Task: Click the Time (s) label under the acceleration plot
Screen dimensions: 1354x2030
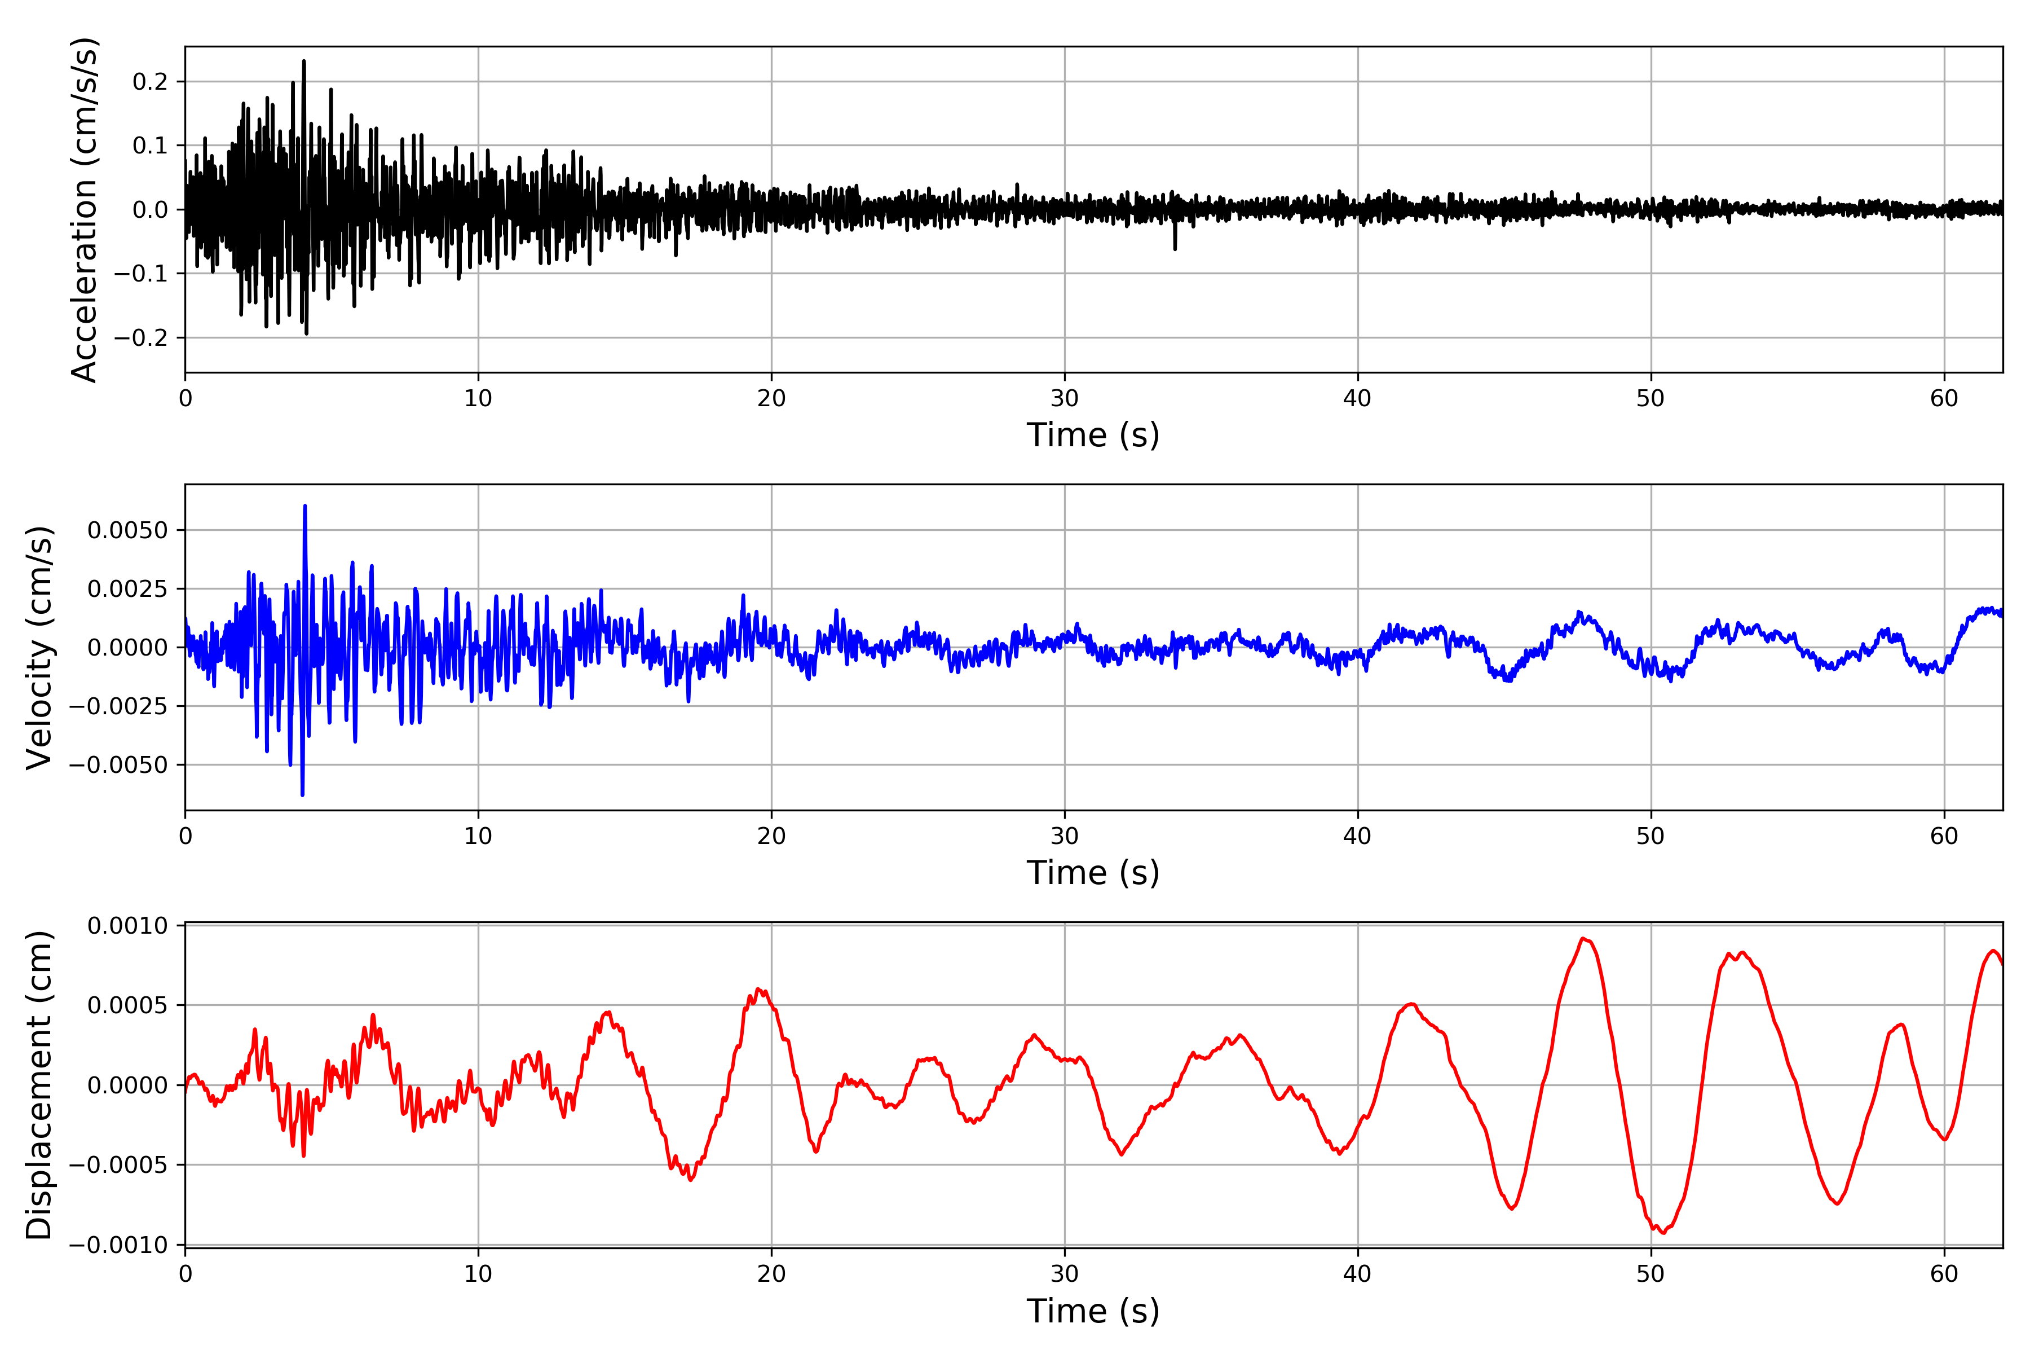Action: pyautogui.click(x=1093, y=434)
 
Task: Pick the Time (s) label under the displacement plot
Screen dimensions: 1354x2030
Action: pyautogui.click(x=1093, y=1311)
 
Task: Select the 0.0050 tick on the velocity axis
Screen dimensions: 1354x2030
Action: pyautogui.click(x=128, y=530)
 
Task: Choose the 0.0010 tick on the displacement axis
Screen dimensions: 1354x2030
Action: pyautogui.click(x=128, y=926)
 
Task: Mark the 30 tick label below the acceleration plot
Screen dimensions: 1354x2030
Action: pyautogui.click(x=1064, y=398)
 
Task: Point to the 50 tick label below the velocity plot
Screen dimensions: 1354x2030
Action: pyautogui.click(x=1651, y=836)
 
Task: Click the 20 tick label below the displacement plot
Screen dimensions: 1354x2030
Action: pyautogui.click(x=771, y=1274)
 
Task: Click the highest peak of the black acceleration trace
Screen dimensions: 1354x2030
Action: pyautogui.click(x=304, y=61)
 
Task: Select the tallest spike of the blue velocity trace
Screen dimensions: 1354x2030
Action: pyautogui.click(x=304, y=506)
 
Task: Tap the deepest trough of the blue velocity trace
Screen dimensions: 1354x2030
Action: pyautogui.click(x=302, y=794)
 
